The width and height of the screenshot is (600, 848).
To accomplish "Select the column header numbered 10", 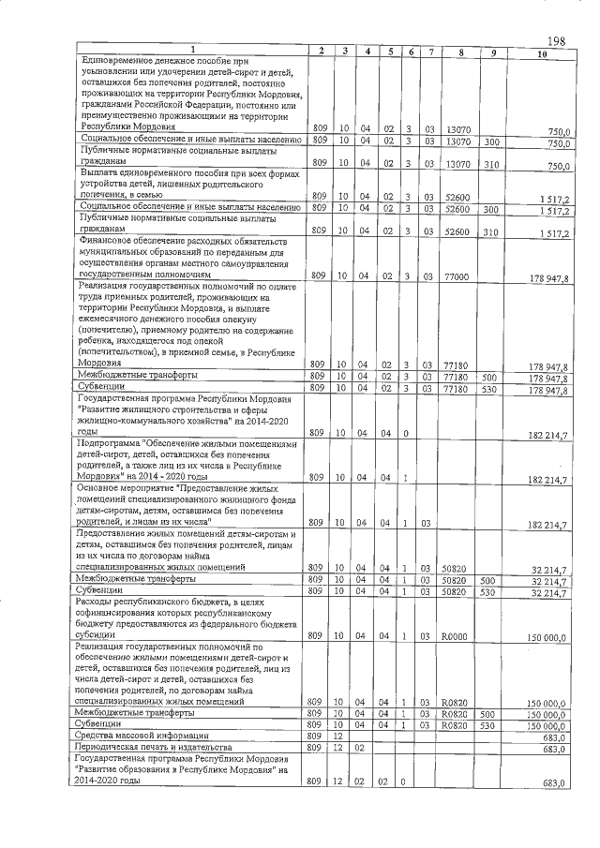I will click(542, 51).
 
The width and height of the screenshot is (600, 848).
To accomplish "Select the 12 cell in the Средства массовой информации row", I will click(344, 736).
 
